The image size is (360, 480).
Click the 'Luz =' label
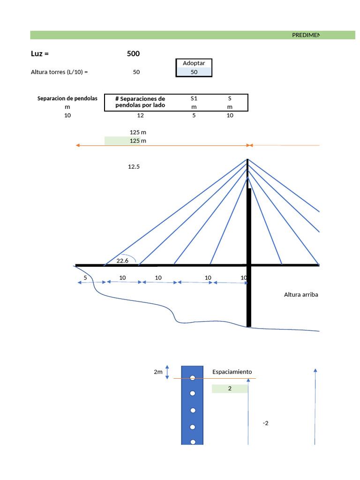[40, 54]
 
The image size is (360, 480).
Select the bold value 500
[133, 54]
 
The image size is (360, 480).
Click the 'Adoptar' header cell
[194, 63]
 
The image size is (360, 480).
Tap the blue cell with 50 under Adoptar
[194, 72]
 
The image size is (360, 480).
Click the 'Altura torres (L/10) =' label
[60, 72]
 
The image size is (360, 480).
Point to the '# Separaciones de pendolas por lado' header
[140, 102]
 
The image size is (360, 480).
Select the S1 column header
[194, 98]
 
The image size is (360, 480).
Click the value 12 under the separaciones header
[140, 115]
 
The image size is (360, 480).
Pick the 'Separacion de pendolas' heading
[67, 98]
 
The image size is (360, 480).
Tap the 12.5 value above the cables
[134, 166]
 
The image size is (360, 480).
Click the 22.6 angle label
[122, 261]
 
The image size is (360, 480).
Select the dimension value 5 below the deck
[85, 277]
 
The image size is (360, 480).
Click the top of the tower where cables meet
[248, 160]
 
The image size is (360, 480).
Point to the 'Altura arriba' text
[301, 294]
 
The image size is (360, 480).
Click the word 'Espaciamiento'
[232, 372]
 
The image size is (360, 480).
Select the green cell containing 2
[230, 389]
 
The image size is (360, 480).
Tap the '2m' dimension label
[158, 372]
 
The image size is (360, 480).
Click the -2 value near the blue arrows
[266, 423]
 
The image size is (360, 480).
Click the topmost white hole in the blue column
[192, 378]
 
